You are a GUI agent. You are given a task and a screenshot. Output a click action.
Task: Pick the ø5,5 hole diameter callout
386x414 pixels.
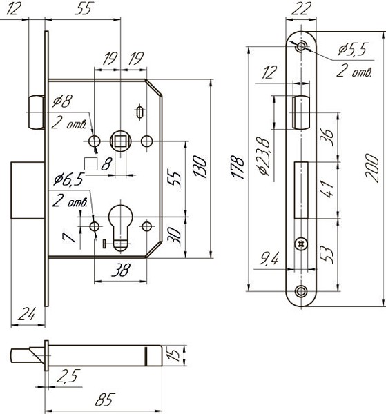pyautogui.click(x=354, y=50)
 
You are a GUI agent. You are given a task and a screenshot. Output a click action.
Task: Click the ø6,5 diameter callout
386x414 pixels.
pyautogui.click(x=68, y=180)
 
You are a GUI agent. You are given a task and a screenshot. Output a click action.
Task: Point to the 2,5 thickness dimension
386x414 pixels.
pyautogui.click(x=67, y=375)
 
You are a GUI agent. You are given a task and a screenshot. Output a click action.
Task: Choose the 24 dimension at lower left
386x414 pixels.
pyautogui.click(x=26, y=314)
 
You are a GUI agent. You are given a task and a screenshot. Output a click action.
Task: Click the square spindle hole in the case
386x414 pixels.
pyautogui.click(x=120, y=141)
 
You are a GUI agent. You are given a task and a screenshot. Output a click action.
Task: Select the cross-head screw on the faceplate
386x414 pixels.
pyautogui.click(x=301, y=244)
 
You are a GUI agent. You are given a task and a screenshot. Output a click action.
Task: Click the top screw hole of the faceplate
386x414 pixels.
pyautogui.click(x=301, y=46)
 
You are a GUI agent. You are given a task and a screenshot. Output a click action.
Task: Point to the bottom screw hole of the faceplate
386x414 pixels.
pyautogui.click(x=301, y=291)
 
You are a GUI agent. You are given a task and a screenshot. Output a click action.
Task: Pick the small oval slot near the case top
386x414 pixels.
pyautogui.click(x=140, y=111)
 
